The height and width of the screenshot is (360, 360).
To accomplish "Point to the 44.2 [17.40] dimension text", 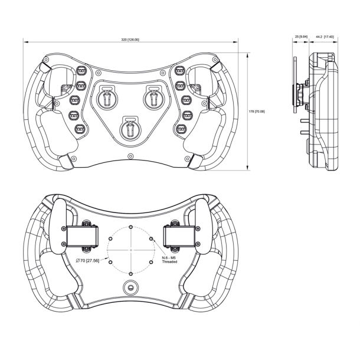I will (x=325, y=37).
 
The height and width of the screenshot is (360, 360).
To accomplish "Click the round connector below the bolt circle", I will (x=130, y=287).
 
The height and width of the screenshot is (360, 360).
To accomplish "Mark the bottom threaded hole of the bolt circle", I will (x=130, y=272).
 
